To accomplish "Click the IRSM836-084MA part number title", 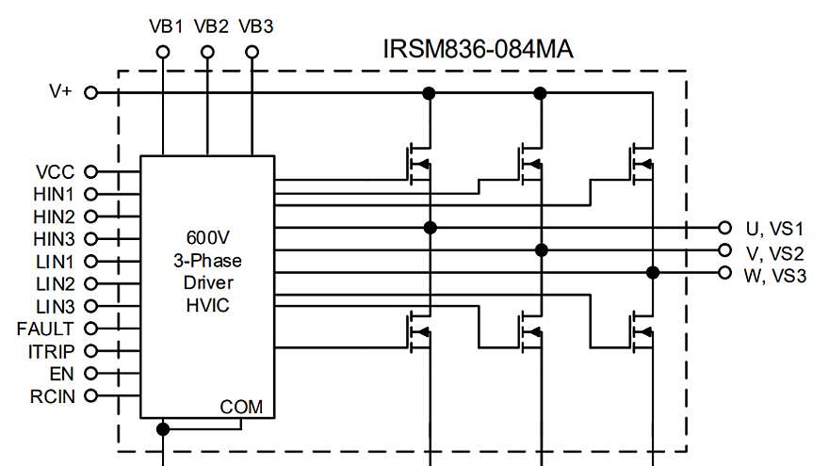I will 478,47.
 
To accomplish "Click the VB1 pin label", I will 166,25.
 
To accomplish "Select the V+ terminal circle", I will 91,92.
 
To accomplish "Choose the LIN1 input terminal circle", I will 91,262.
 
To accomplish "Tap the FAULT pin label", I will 45,329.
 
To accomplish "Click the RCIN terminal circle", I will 91,395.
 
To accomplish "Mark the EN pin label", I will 62,374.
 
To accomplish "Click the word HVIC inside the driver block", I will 208,305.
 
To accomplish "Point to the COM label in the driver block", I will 241,407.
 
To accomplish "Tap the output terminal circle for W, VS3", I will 724,273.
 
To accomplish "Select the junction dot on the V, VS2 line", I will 542,250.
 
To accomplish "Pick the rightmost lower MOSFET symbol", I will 642,331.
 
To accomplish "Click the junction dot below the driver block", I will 163,429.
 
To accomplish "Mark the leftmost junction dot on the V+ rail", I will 430,92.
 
